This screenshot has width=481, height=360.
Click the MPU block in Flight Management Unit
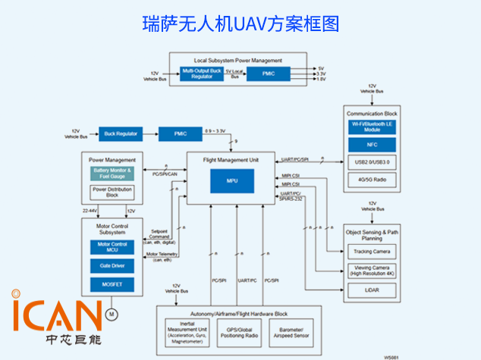pyautogui.click(x=232, y=181)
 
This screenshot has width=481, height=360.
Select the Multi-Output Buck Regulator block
pyautogui.click(x=202, y=74)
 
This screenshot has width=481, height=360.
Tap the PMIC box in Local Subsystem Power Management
pyautogui.click(x=269, y=74)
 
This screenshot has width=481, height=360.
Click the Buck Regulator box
pyautogui.click(x=121, y=133)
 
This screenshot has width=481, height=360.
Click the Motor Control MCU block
pyautogui.click(x=112, y=247)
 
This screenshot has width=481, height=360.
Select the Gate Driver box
pyautogui.click(x=112, y=265)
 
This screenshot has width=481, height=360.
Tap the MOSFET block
pyautogui.click(x=112, y=283)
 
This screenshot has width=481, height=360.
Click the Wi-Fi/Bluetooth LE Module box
pyautogui.click(x=372, y=126)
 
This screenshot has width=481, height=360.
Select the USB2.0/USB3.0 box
pyautogui.click(x=372, y=161)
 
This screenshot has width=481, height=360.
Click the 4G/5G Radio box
pyautogui.click(x=372, y=180)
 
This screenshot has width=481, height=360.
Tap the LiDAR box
pyautogui.click(x=372, y=289)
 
